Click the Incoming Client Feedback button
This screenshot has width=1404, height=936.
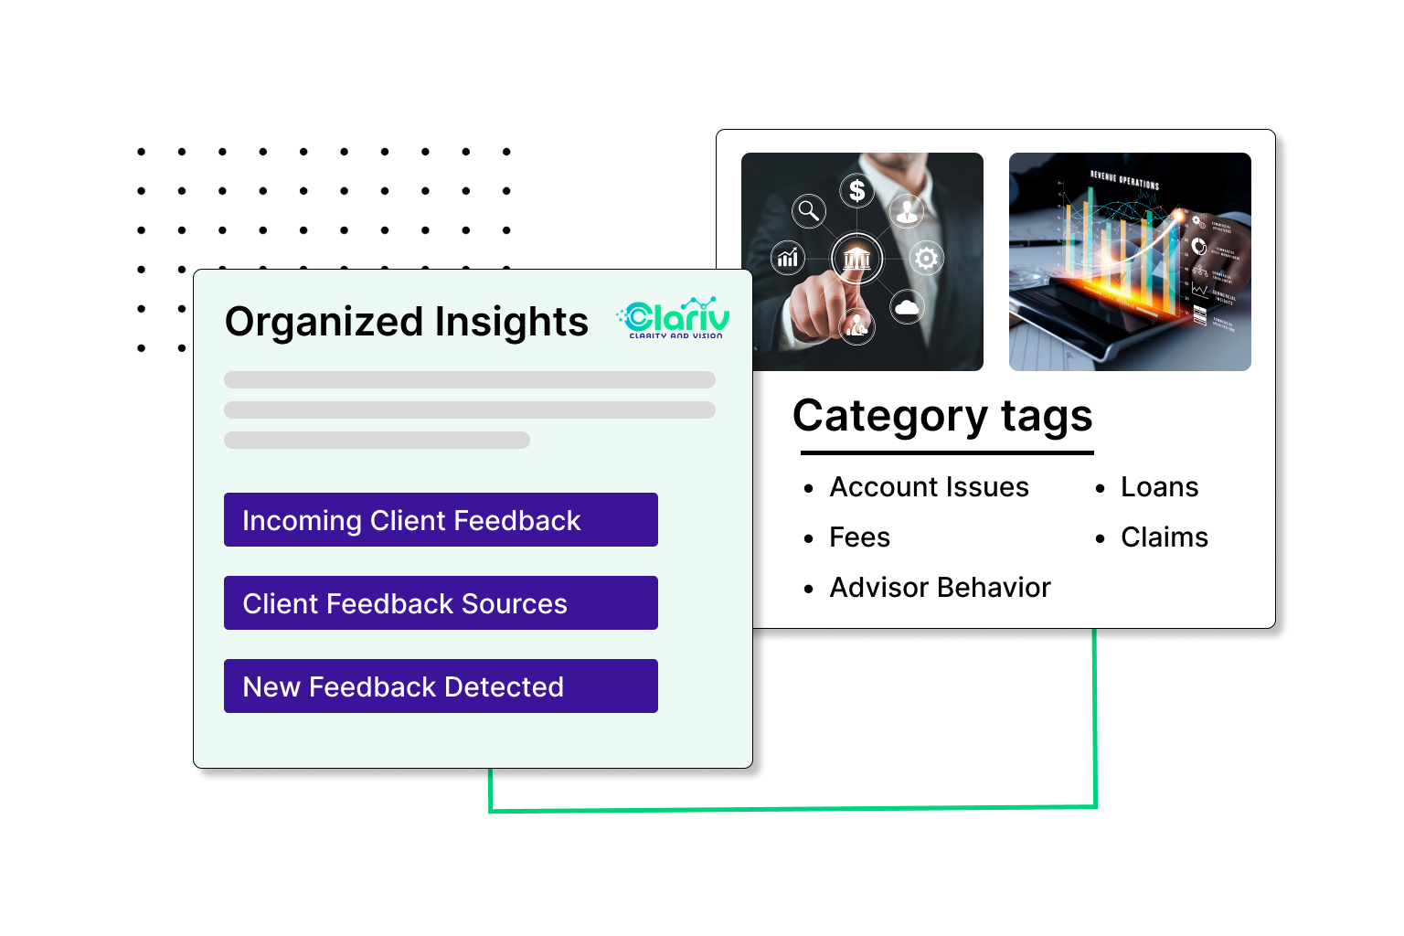coord(440,520)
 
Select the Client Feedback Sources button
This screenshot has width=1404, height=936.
coord(440,603)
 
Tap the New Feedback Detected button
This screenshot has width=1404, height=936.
coord(440,686)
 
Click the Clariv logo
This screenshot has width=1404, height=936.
coord(674,319)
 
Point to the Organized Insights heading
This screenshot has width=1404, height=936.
coord(407,322)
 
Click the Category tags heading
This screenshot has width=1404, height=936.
coord(942,416)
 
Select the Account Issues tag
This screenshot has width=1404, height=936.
coord(929,487)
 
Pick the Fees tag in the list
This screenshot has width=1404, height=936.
coord(859,537)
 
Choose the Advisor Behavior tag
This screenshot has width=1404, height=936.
coord(940,588)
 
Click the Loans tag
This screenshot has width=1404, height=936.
coord(1159,487)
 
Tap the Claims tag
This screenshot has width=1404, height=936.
coord(1165,537)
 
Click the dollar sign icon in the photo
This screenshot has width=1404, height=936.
coord(856,190)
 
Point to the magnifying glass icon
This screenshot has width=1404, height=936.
coord(808,211)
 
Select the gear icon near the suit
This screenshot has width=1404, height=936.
coord(926,259)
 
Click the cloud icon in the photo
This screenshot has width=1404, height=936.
coord(907,307)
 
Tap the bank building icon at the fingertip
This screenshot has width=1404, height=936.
coord(856,259)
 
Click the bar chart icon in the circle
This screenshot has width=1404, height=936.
coord(788,259)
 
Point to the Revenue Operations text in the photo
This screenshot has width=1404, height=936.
coord(1124,179)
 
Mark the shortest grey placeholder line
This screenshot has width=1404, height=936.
coord(377,440)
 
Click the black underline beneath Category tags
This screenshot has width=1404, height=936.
coord(947,452)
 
